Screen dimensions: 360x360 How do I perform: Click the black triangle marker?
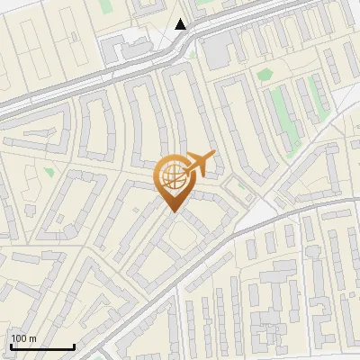[x=181, y=24]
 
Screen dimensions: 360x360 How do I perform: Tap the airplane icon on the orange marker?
[x=199, y=165]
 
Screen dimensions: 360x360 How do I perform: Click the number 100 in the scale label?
[x=19, y=338]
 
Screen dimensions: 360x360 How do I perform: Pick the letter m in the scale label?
[x=32, y=338]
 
